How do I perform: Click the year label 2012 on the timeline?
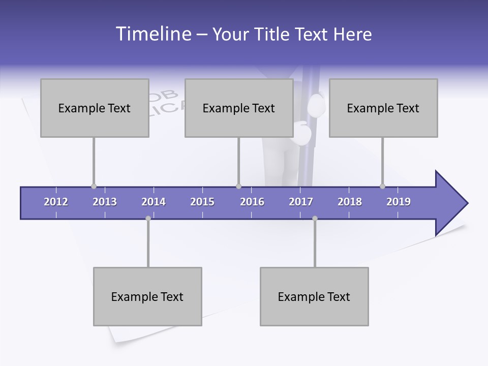tap(56, 202)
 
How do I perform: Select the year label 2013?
tap(105, 202)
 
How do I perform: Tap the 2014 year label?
tap(154, 202)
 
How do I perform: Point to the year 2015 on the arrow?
tap(202, 202)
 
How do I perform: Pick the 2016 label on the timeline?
tap(252, 202)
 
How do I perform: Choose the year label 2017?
tap(301, 202)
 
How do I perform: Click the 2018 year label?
tap(350, 202)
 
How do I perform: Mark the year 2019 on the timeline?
tap(399, 202)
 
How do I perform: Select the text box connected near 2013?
tap(95, 108)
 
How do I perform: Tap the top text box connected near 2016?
tap(239, 108)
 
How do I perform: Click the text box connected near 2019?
tap(383, 108)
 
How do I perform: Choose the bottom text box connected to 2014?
tap(147, 296)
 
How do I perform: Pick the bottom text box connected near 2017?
tap(314, 296)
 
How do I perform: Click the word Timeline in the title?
tap(153, 34)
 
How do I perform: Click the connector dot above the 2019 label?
tap(382, 187)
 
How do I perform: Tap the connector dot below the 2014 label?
tap(148, 218)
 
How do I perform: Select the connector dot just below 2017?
tap(315, 218)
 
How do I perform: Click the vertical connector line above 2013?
tap(94, 160)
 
